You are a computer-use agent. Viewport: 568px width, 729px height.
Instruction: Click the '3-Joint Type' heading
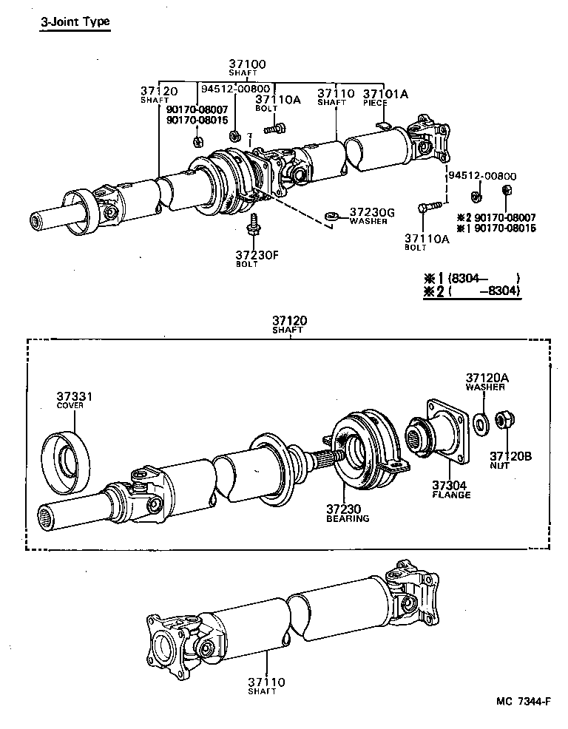[x=75, y=21]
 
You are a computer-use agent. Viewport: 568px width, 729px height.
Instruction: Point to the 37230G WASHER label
[x=372, y=216]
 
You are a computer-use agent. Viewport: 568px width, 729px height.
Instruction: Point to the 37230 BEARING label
[x=347, y=513]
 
